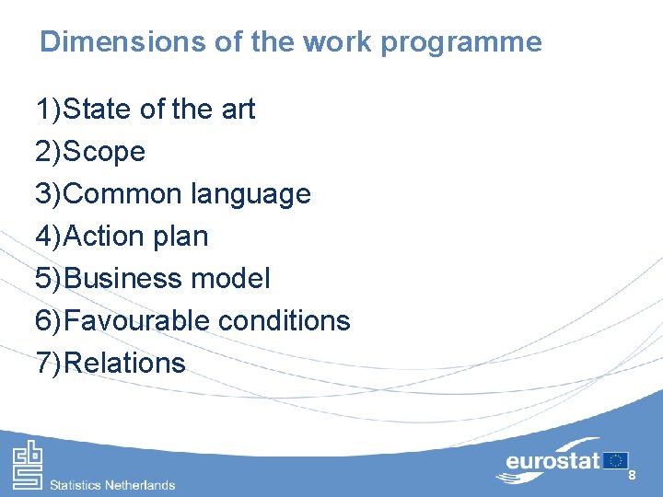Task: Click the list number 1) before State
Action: point(48,110)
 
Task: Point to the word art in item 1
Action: point(237,110)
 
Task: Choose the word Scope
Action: point(105,152)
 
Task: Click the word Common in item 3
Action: point(124,194)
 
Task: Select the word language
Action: point(250,194)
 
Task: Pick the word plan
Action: point(184,237)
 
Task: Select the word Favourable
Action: point(138,320)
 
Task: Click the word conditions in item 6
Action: point(284,320)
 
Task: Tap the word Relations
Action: point(126,363)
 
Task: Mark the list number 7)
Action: point(48,363)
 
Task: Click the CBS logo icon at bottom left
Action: point(27,466)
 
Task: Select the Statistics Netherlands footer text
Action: point(112,484)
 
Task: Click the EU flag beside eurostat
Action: point(615,460)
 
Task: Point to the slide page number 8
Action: point(632,475)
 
